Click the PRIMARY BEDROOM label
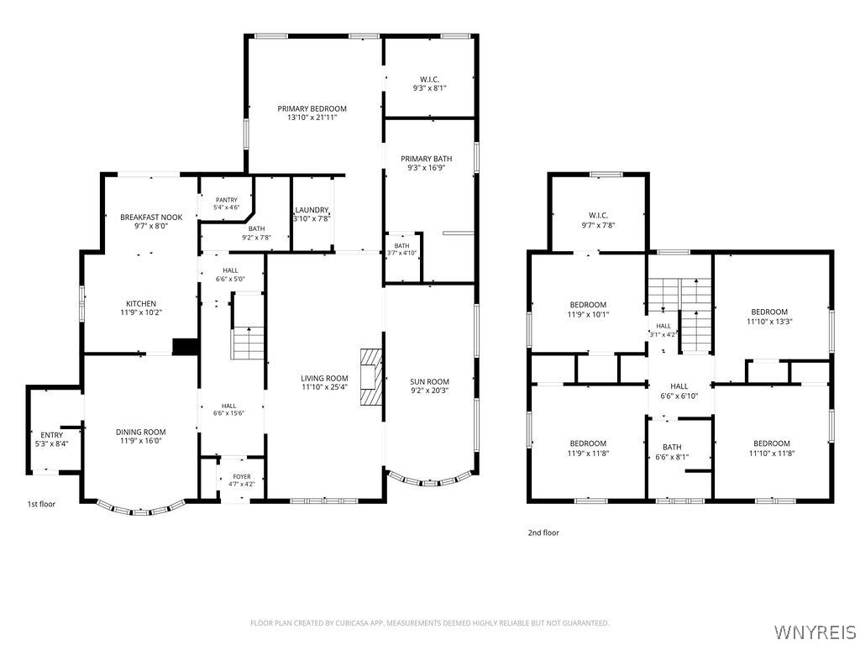pos(312,108)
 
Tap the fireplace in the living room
pos(371,377)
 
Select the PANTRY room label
pos(227,200)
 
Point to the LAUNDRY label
pos(312,210)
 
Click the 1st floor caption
pos(42,504)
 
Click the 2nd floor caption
pos(543,532)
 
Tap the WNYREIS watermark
pos(814,631)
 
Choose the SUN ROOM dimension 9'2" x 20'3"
pos(429,391)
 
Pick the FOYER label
pos(241,477)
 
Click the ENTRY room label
pos(51,435)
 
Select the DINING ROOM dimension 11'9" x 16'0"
pos(140,440)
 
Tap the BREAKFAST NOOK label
pos(151,218)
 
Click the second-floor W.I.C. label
pos(598,216)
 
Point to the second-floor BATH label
pos(672,447)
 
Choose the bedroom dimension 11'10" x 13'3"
pos(769,322)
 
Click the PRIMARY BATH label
pos(426,159)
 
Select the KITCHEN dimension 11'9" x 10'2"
pos(141,312)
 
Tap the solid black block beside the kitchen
pos(185,347)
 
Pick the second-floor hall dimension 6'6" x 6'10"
pos(679,396)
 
